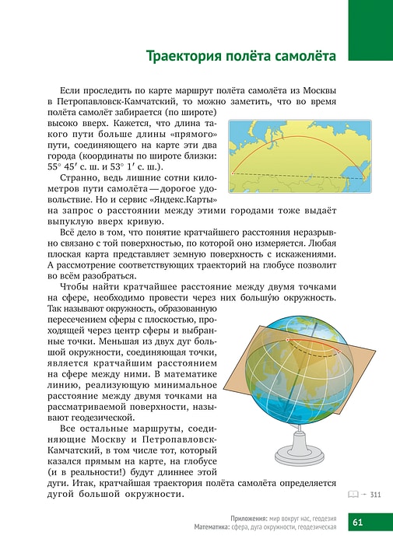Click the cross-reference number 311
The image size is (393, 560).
pos(375,494)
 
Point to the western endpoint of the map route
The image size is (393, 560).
pos(233,172)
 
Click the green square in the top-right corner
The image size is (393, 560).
pos(370,30)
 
